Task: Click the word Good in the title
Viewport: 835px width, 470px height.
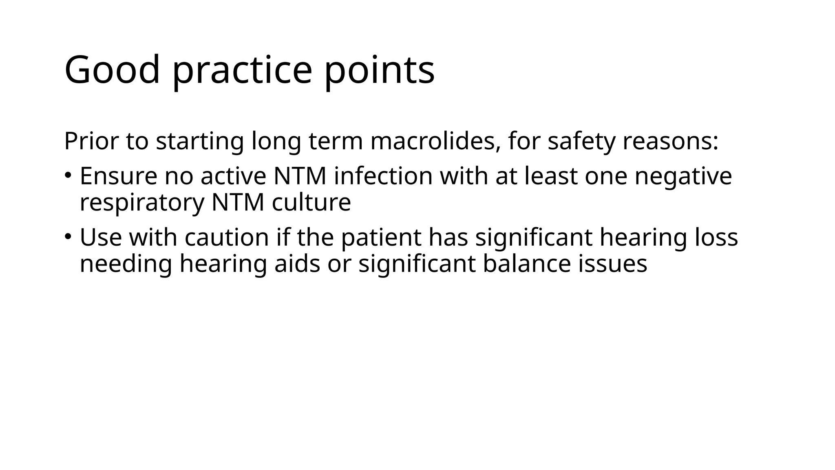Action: pyautogui.click(x=112, y=70)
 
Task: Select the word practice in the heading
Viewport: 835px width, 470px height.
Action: pyautogui.click(x=242, y=70)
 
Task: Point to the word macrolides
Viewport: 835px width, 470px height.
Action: pyautogui.click(x=435, y=141)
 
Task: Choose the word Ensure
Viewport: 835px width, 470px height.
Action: pyautogui.click(x=118, y=176)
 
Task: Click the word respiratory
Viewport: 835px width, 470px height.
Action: pyautogui.click(x=142, y=202)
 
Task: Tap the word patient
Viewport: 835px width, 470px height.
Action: pyautogui.click(x=381, y=237)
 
